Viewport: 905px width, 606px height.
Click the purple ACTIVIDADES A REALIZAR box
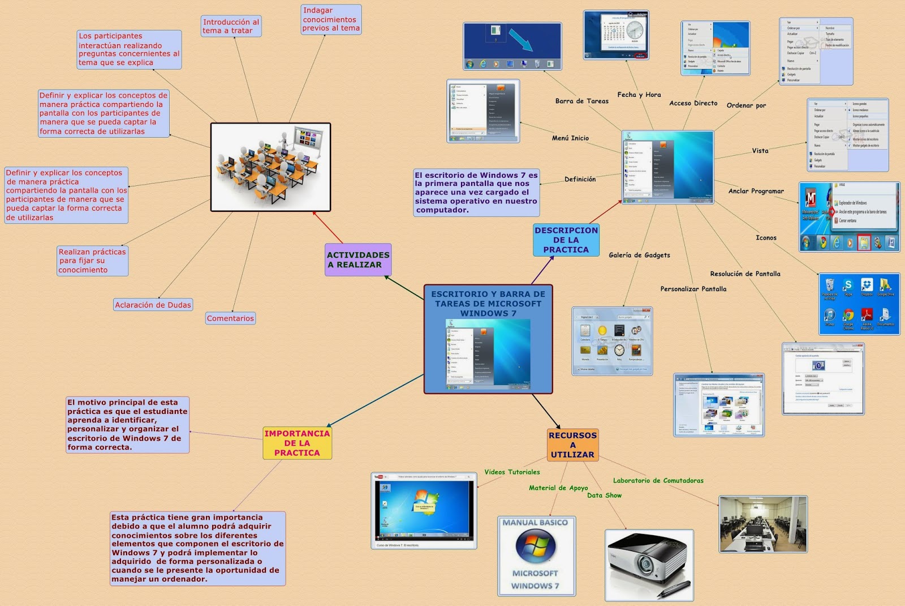358,260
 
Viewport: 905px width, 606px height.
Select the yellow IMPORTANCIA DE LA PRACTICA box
297,443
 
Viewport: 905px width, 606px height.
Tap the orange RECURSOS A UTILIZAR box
572,445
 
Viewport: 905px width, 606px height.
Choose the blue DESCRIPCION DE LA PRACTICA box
566,240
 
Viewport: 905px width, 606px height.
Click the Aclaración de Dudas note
153,305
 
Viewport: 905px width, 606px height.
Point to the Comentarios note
230,318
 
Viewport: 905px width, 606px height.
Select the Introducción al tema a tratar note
231,26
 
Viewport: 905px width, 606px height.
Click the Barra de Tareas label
581,101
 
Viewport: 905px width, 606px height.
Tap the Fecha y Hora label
639,95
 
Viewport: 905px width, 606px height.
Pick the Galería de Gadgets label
639,255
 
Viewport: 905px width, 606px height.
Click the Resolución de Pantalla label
745,274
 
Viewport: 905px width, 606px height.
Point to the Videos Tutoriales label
512,472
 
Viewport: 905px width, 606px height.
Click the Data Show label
604,495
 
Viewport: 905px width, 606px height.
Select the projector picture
649,565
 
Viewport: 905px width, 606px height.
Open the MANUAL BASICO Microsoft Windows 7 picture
536,556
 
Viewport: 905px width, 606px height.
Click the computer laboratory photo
762,524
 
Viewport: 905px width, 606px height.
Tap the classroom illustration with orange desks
270,167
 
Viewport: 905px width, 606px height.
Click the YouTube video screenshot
424,510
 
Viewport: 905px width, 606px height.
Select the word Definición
580,179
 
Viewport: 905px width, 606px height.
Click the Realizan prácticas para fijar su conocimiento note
93,261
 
